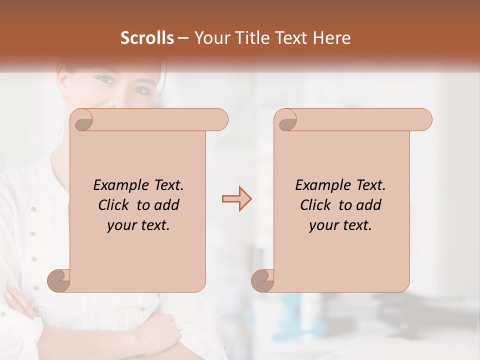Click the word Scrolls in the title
pyautogui.click(x=147, y=38)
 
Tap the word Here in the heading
pyautogui.click(x=332, y=38)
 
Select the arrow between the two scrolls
pyautogui.click(x=236, y=199)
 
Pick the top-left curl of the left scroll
pyautogui.click(x=81, y=120)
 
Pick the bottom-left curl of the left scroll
pyautogui.click(x=58, y=280)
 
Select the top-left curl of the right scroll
pyautogui.click(x=285, y=120)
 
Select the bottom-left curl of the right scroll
pyautogui.click(x=262, y=280)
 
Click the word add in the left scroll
pyautogui.click(x=167, y=205)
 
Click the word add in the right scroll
pyautogui.click(x=369, y=205)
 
